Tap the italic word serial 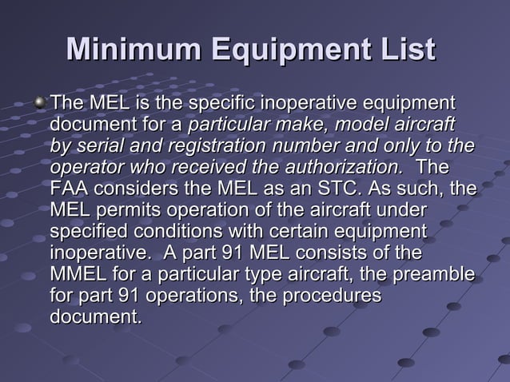pos(98,147)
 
